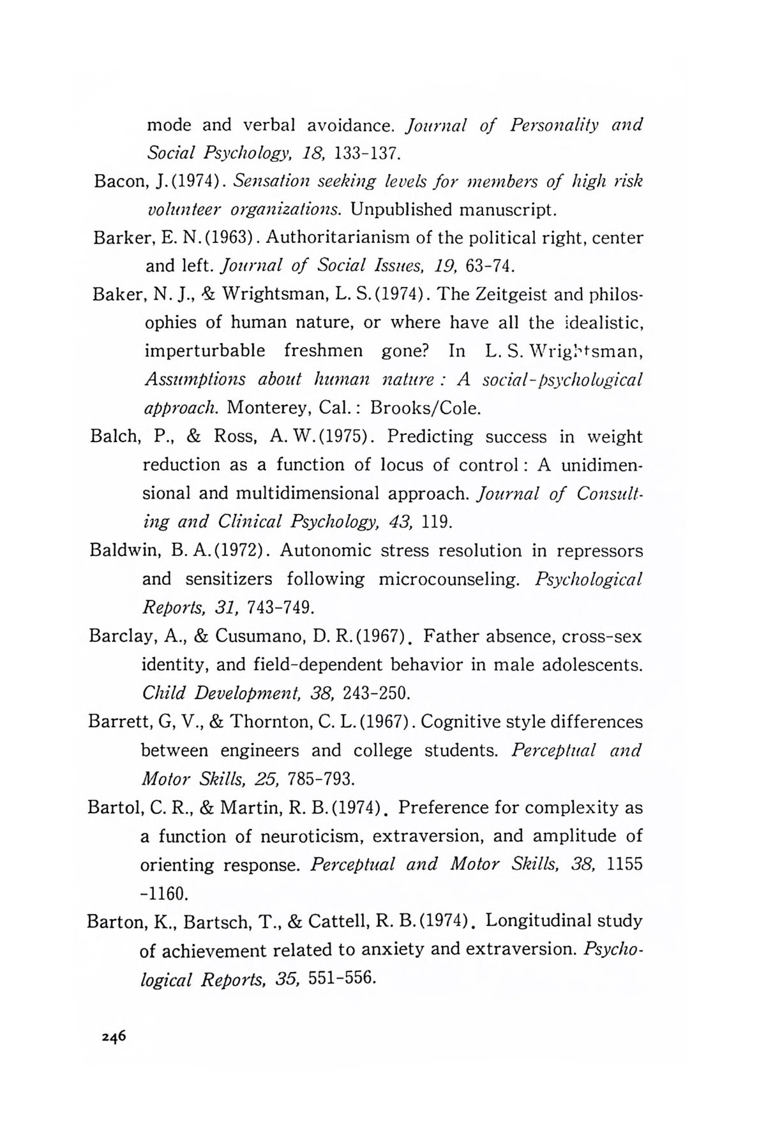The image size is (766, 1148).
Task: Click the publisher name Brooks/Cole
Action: [424, 408]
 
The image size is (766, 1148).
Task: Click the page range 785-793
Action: [320, 779]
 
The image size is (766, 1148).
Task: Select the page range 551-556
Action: [340, 979]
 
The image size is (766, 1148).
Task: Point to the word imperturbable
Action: [205, 351]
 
